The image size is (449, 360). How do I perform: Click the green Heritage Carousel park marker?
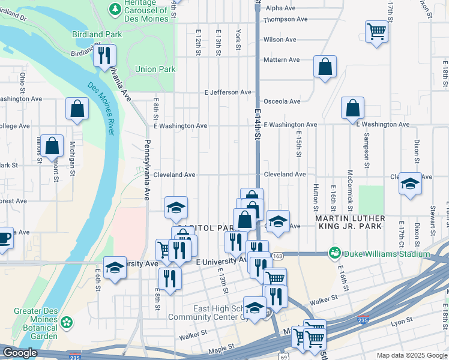coord(114,9)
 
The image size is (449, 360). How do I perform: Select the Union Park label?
coord(155,69)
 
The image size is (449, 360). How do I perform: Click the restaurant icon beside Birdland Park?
coord(105,56)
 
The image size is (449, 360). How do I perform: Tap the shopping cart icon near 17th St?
coord(376,31)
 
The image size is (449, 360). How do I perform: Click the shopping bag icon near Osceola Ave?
coord(352,108)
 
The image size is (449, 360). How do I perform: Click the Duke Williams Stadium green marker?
coord(334,254)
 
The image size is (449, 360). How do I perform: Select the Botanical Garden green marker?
coord(67,322)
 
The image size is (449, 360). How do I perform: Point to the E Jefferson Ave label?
coord(228,92)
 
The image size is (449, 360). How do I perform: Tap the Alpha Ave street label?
coord(281,8)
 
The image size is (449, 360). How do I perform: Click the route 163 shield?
coord(277,256)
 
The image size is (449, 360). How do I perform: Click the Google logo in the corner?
coord(19,353)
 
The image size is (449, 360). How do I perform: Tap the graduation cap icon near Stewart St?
coord(410,184)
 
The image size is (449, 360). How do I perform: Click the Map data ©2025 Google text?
coord(411,355)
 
